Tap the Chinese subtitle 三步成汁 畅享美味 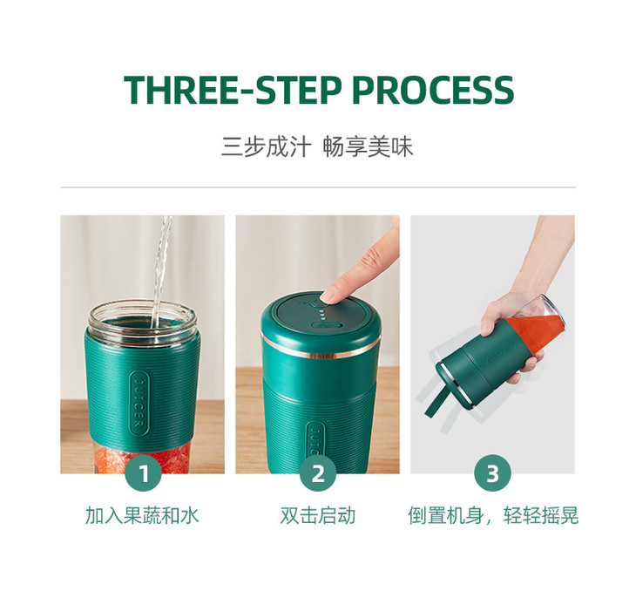(317, 146)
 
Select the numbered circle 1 (144, 474)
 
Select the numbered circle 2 (318, 474)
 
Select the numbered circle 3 (492, 474)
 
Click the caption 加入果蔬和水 (142, 515)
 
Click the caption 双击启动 (317, 515)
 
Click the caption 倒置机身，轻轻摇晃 (492, 515)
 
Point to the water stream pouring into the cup (160, 270)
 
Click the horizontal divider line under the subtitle (317, 187)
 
